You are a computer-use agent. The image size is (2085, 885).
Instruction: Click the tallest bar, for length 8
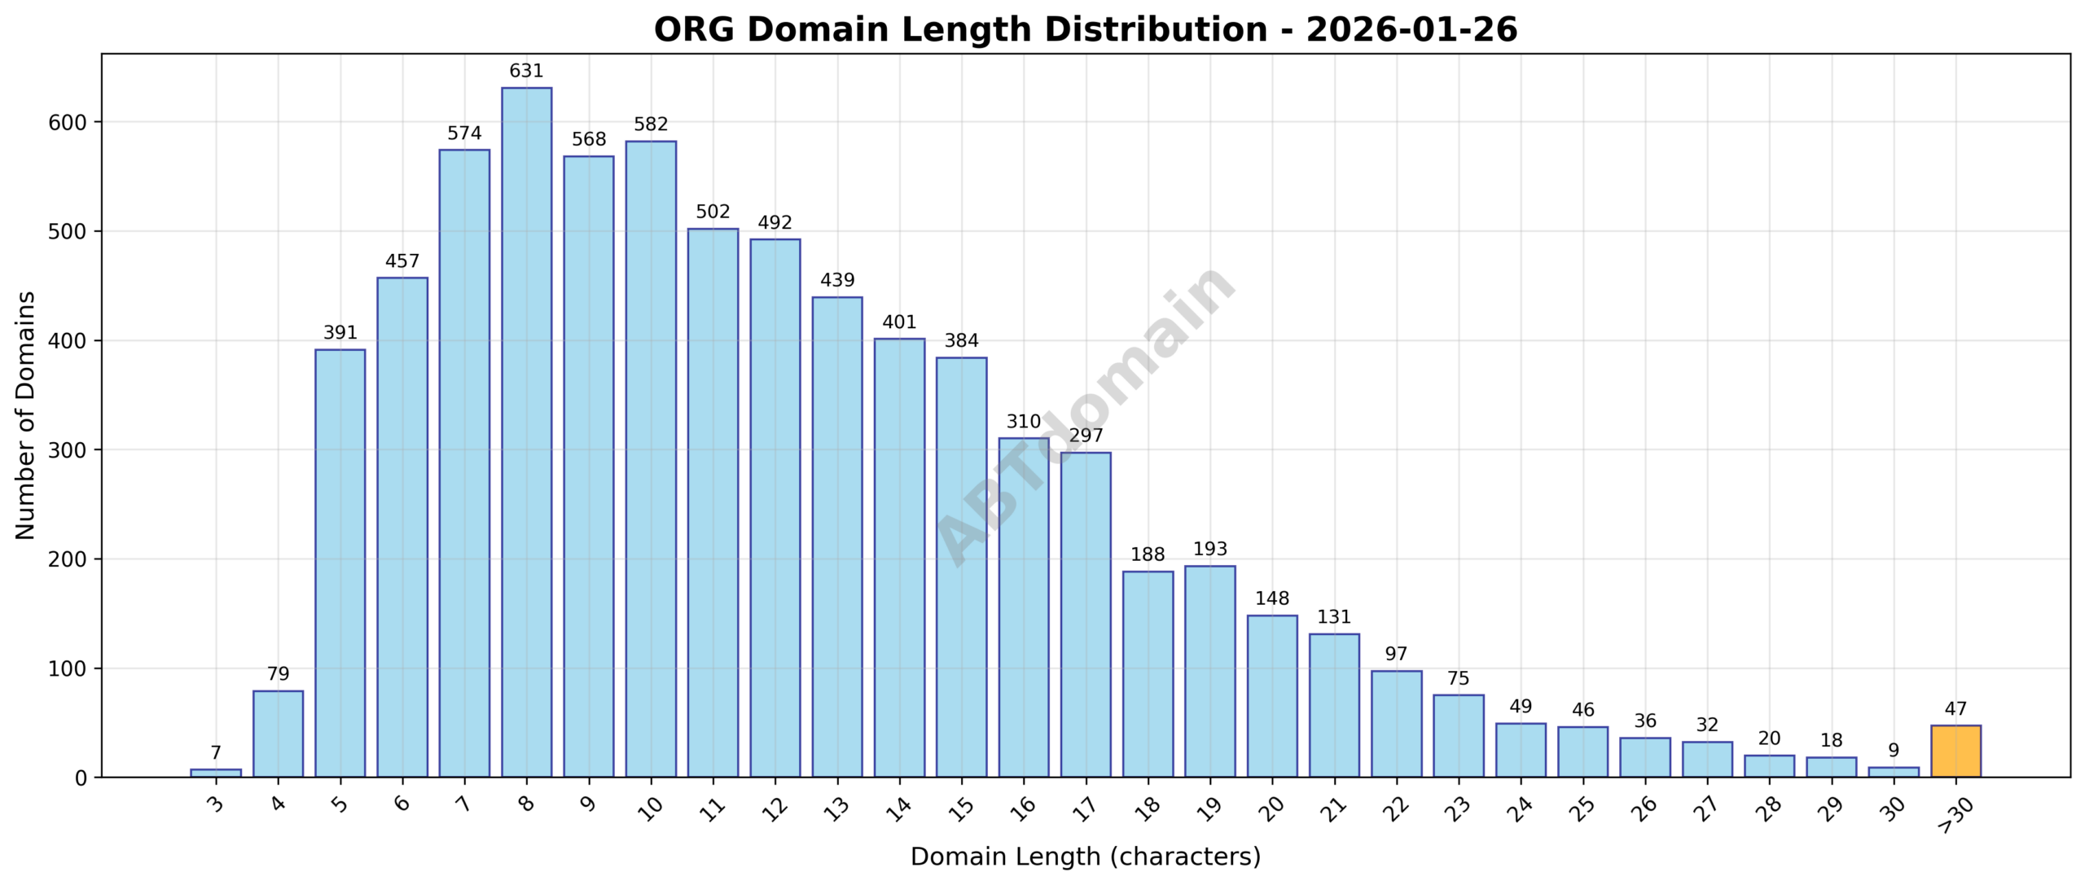(x=526, y=432)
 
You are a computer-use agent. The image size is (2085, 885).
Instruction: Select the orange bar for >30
(x=1956, y=751)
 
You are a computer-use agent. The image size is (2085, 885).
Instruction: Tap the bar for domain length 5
(x=340, y=563)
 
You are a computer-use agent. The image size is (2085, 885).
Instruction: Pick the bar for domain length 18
(x=1148, y=673)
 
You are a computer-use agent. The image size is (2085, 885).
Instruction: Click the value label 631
(x=526, y=72)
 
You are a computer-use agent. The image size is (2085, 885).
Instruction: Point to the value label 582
(x=651, y=125)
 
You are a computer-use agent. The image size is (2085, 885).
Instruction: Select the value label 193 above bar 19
(x=1209, y=550)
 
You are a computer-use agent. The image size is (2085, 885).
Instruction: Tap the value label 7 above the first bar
(x=215, y=753)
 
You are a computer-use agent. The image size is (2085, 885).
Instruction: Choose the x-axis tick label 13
(x=836, y=808)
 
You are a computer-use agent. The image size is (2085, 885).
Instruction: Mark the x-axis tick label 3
(x=215, y=805)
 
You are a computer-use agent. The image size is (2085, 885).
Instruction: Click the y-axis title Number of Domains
(x=26, y=415)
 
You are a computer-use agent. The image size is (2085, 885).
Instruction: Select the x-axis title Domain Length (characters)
(x=1085, y=857)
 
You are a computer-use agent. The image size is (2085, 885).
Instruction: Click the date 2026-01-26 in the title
(x=1411, y=31)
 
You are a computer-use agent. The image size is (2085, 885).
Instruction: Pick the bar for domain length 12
(x=775, y=508)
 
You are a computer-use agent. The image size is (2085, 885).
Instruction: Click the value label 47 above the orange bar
(x=1956, y=709)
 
